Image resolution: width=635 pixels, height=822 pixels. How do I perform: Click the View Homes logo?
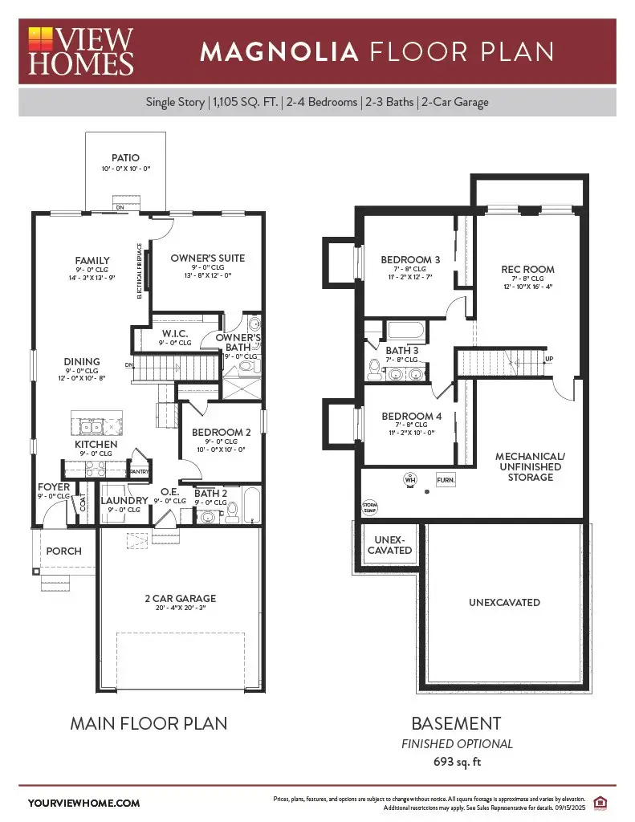(81, 51)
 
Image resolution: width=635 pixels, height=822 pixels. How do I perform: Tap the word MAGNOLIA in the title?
(279, 52)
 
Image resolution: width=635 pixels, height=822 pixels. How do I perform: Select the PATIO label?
(125, 158)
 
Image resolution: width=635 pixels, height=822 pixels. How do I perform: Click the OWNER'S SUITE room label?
(208, 258)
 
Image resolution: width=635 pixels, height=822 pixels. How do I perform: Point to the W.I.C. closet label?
(174, 333)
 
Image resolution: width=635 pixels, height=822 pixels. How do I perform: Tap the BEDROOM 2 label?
(221, 432)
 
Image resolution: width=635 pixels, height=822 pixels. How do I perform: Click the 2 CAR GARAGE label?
(180, 598)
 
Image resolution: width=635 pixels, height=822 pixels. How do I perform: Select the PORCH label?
(63, 551)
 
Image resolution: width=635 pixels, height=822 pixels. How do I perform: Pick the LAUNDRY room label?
(124, 501)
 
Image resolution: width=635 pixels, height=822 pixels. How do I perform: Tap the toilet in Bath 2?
(232, 508)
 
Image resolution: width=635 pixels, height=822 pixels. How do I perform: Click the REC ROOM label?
(527, 270)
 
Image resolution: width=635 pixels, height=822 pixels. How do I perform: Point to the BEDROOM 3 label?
(410, 259)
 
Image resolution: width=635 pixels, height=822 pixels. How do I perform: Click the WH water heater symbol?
(410, 479)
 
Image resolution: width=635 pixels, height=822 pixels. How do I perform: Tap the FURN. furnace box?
(446, 479)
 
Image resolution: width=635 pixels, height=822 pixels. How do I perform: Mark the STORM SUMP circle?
(370, 507)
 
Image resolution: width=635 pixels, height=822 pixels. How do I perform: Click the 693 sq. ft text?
(457, 762)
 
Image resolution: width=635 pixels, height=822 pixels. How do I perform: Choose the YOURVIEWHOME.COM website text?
(83, 803)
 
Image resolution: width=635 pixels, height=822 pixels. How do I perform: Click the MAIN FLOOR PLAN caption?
(149, 723)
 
